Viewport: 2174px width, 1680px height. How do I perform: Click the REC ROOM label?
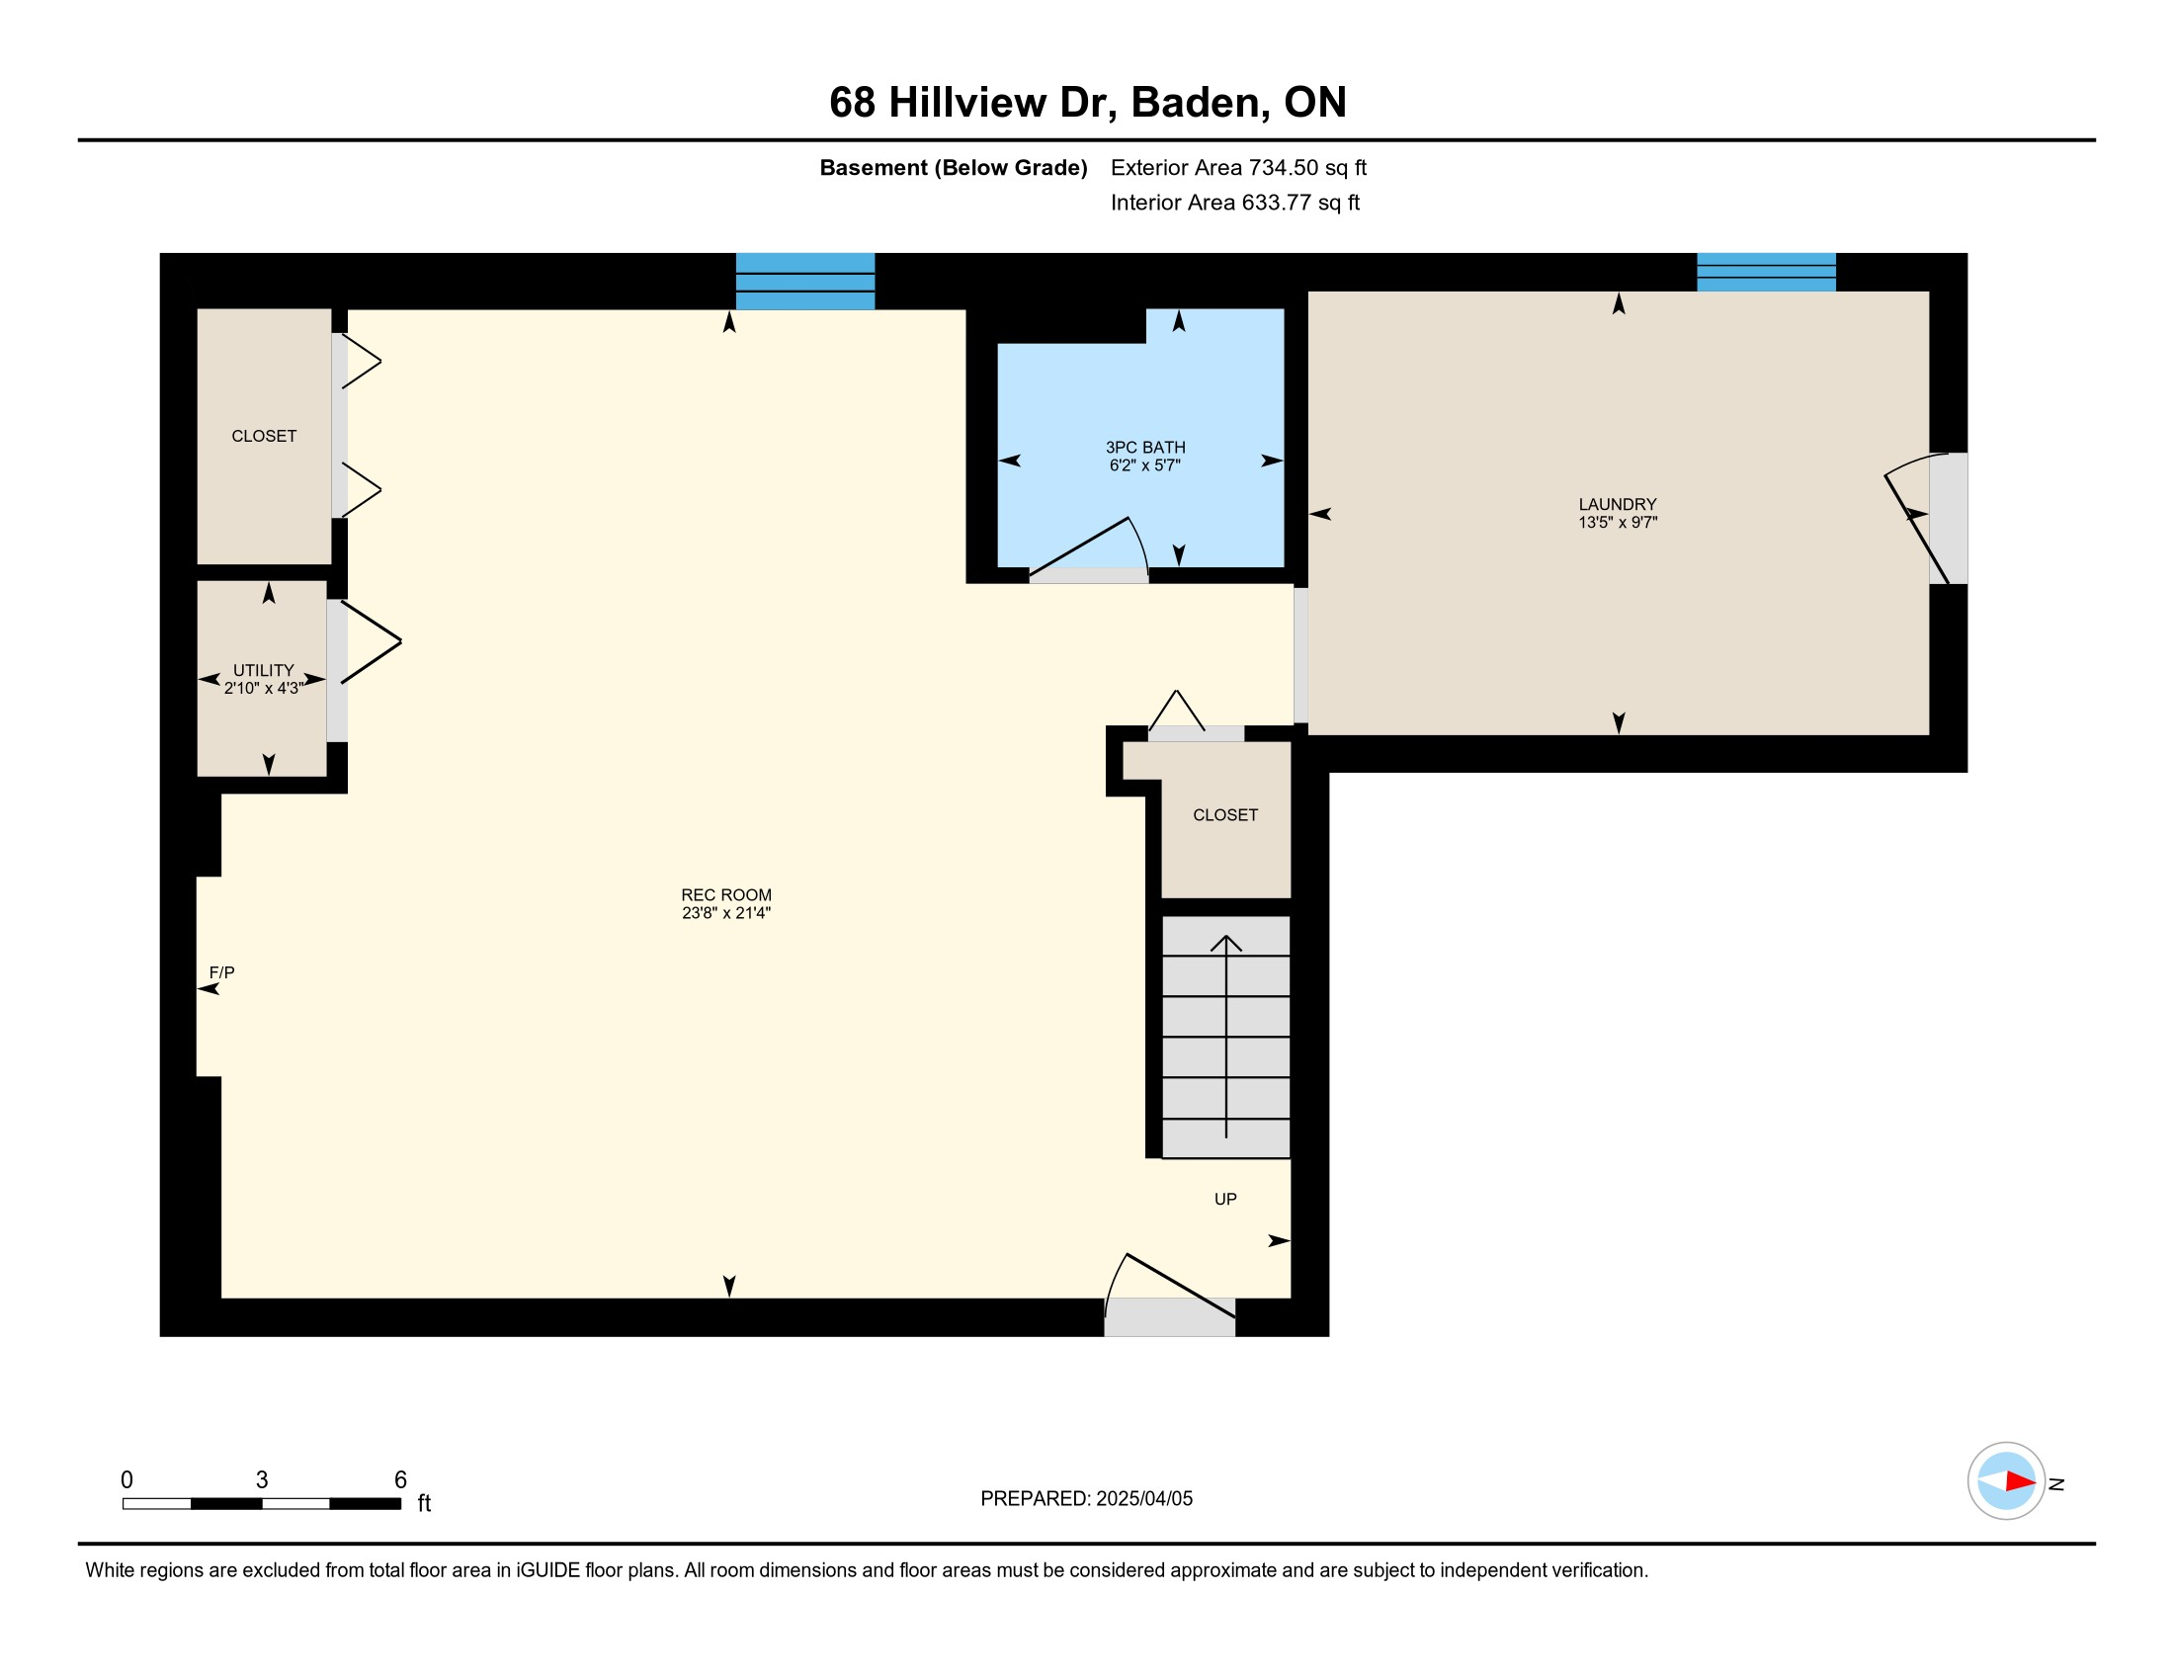[x=725, y=894]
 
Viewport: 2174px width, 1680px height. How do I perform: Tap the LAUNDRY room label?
[x=1617, y=505]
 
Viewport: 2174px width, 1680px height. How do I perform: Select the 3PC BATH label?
[x=1144, y=448]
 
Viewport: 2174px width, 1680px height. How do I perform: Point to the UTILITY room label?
[x=264, y=671]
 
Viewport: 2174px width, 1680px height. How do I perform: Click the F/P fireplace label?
[x=222, y=972]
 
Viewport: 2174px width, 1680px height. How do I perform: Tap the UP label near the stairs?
[x=1225, y=1200]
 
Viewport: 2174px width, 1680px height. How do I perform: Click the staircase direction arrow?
[x=1226, y=1036]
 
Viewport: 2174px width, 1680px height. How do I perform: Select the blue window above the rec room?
[x=805, y=282]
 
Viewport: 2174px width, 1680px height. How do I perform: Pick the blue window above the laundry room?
[x=1766, y=272]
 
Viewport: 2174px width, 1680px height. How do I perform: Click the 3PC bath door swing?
[x=1090, y=547]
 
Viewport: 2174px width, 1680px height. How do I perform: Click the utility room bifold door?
[x=371, y=642]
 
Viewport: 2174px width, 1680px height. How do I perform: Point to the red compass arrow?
[x=2021, y=1481]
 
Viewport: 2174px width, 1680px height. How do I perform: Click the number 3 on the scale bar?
[x=262, y=1479]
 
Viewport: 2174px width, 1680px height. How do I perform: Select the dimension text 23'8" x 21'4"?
[x=725, y=913]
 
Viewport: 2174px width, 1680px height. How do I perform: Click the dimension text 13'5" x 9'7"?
[x=1617, y=523]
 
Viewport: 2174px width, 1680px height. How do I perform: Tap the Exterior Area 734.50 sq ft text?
[x=1238, y=168]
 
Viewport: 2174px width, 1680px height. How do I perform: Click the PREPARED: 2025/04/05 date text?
[x=1086, y=1498]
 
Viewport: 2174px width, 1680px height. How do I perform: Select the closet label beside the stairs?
[x=1225, y=815]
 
